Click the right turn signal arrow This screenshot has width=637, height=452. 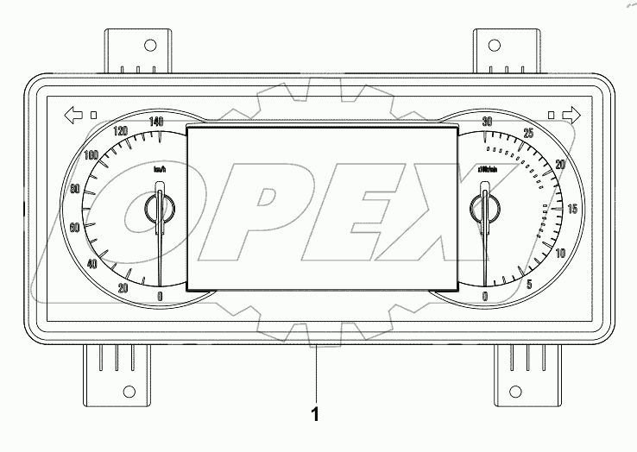point(571,114)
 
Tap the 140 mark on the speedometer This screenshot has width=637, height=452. point(155,122)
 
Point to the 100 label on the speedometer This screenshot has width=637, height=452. point(91,155)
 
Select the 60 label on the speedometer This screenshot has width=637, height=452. point(75,228)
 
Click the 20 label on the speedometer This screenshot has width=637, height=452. point(123,287)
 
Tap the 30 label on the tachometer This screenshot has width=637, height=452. point(487,122)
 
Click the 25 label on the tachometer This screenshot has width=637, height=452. point(529,133)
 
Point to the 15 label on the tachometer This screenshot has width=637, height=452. point(571,209)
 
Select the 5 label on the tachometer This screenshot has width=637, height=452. point(529,285)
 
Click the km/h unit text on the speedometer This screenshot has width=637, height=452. point(159,169)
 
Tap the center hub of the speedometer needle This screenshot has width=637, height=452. point(159,207)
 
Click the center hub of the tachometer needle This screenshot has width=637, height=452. point(484,207)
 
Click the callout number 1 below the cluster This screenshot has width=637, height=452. point(315,415)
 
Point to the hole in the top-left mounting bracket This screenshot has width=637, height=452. point(148,46)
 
